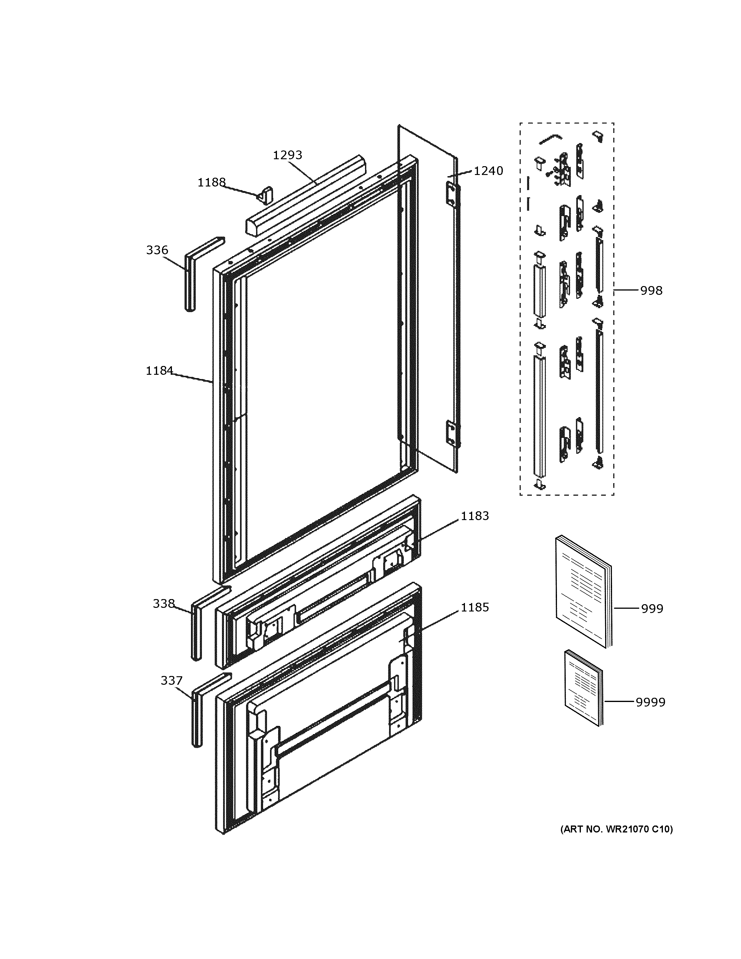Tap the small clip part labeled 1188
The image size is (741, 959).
(265, 195)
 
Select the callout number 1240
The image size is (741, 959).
(488, 171)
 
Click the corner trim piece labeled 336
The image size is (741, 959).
(190, 281)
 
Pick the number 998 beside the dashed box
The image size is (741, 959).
(651, 291)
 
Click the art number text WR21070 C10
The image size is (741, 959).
(616, 829)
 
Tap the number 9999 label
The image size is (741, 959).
(650, 702)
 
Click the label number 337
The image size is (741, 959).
(171, 681)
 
